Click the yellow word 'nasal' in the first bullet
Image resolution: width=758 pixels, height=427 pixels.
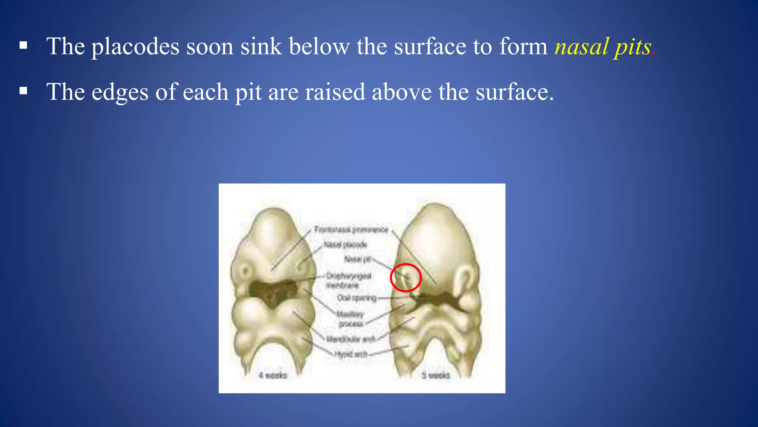pyautogui.click(x=581, y=47)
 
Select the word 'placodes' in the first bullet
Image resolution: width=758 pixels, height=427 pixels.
pyautogui.click(x=135, y=47)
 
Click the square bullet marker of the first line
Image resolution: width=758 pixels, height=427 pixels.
pyautogui.click(x=23, y=46)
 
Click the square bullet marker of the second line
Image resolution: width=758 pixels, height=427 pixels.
pyautogui.click(x=23, y=91)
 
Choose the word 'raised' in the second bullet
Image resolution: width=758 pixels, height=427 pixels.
pyautogui.click(x=335, y=92)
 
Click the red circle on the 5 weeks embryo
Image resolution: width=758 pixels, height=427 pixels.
pyautogui.click(x=406, y=278)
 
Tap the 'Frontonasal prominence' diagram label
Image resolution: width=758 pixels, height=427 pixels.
pyautogui.click(x=351, y=230)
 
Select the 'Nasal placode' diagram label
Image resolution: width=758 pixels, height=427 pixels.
pyautogui.click(x=345, y=245)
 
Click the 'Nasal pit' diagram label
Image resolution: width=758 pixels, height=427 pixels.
pyautogui.click(x=358, y=259)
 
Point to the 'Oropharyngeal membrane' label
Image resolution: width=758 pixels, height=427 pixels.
pyautogui.click(x=348, y=281)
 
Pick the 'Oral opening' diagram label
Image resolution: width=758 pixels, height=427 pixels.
pyautogui.click(x=356, y=298)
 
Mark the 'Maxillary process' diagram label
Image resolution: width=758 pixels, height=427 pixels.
pyautogui.click(x=351, y=319)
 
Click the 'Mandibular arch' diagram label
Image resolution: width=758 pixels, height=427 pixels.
pyautogui.click(x=351, y=339)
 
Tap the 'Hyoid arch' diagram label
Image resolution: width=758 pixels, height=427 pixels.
pyautogui.click(x=351, y=354)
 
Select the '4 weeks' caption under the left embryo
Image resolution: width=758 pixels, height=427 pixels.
pyautogui.click(x=273, y=375)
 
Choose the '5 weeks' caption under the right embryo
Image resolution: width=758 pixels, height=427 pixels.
pyautogui.click(x=436, y=375)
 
